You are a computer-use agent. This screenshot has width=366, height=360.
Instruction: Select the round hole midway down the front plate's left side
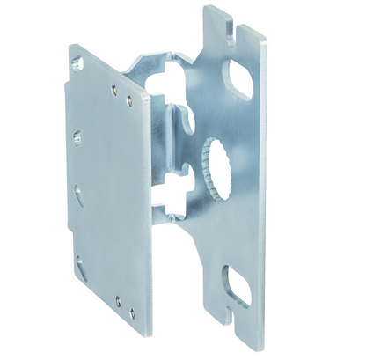77,138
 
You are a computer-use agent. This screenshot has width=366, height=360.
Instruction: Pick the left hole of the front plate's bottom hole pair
118,299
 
